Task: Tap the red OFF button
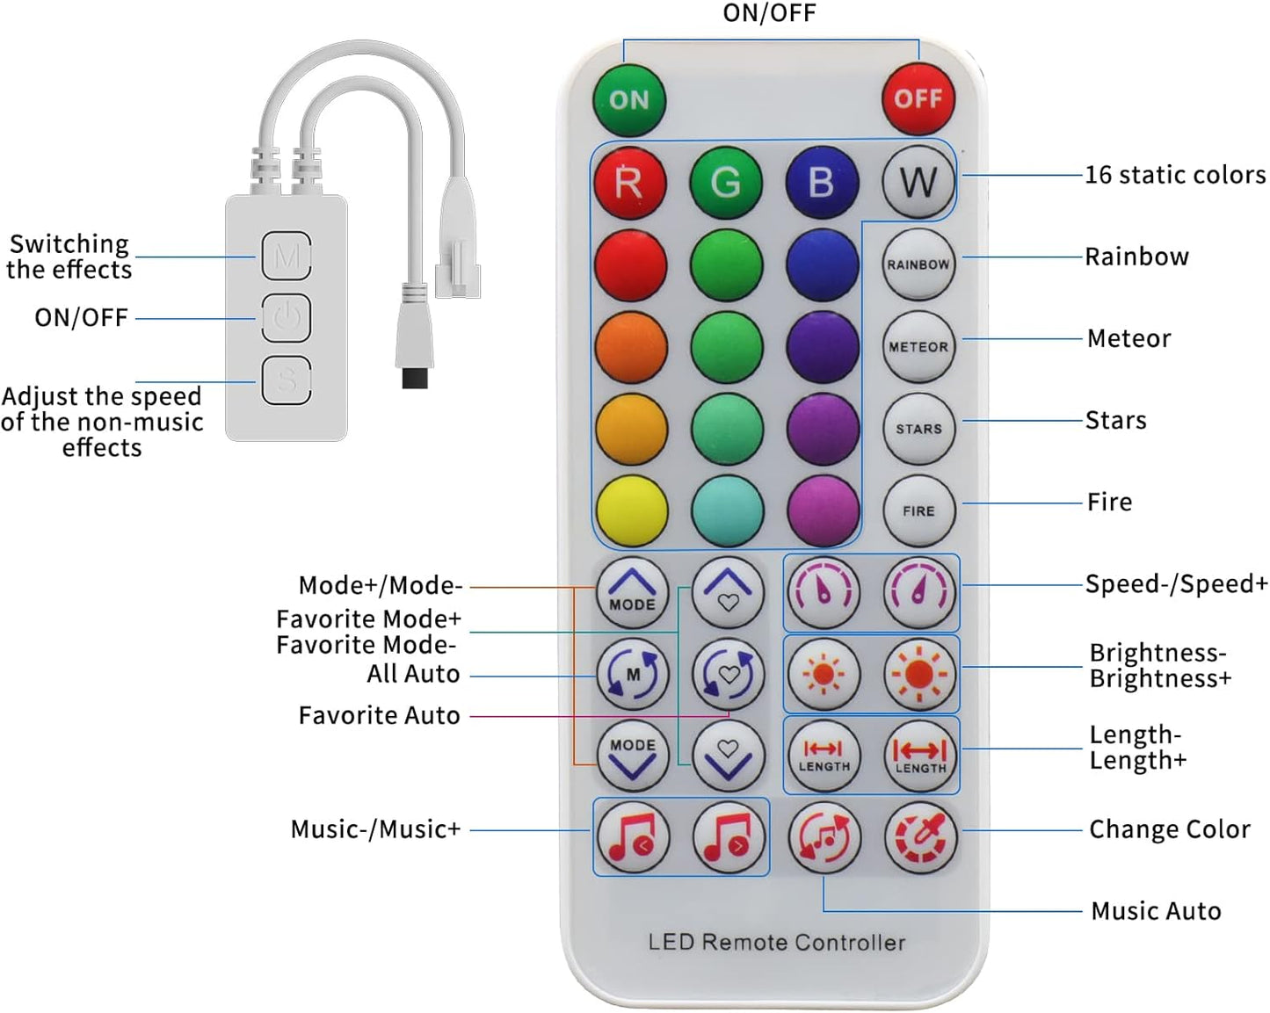tap(918, 98)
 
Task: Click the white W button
tap(918, 183)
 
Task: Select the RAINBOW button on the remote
tap(918, 264)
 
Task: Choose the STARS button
tap(918, 429)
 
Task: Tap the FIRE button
tap(918, 510)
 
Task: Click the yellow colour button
tap(631, 510)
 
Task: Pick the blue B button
tap(821, 183)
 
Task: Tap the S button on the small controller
tap(287, 380)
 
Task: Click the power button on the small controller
tap(287, 317)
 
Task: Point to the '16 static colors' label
tap(1174, 175)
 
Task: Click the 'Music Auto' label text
tap(1155, 911)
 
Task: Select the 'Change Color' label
tap(1169, 829)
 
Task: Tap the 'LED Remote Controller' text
tap(776, 942)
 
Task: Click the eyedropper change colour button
tap(919, 837)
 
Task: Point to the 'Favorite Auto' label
tap(379, 715)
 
